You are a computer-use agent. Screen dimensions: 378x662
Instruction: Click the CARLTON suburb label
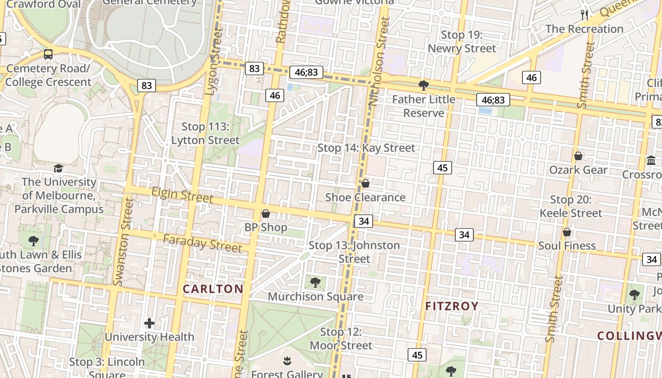213,289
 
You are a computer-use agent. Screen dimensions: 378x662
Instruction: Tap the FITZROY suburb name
452,306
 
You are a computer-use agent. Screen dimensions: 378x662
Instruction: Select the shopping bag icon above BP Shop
266,214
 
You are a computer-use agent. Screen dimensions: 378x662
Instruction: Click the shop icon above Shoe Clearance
366,183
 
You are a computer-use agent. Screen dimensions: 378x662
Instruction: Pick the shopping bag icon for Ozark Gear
578,156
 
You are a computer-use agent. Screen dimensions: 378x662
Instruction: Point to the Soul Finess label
567,246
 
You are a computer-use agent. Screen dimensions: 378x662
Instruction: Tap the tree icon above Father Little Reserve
424,86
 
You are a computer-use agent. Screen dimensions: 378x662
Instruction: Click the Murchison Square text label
315,296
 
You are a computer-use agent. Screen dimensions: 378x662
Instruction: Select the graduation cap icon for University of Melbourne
59,168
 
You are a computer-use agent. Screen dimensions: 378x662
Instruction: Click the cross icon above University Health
149,323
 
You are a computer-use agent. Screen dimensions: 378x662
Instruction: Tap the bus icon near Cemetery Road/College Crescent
48,54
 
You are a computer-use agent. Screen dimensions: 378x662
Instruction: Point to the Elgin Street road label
182,195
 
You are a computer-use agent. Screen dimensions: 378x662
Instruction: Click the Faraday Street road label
202,243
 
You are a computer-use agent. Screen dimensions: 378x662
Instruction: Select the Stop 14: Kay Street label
366,148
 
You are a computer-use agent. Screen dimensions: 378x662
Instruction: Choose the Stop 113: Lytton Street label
205,133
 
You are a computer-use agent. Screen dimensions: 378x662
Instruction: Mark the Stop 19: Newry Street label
462,42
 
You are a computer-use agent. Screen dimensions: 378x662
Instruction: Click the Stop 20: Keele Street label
571,206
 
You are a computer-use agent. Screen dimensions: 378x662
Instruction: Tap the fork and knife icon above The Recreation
584,15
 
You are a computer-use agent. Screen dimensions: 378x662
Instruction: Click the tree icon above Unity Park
635,295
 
